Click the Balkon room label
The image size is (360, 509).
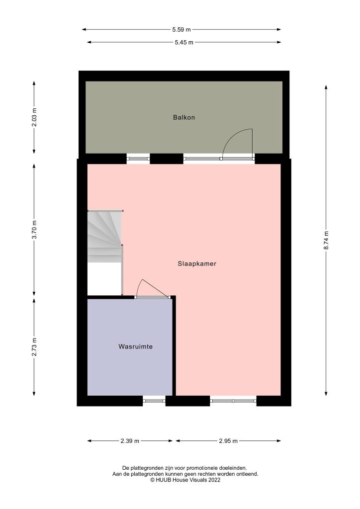pyautogui.click(x=184, y=118)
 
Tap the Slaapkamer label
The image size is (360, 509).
pyautogui.click(x=197, y=264)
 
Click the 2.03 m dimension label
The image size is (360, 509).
pyautogui.click(x=34, y=117)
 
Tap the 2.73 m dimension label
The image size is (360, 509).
pyautogui.click(x=34, y=346)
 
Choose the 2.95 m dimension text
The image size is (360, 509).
pyautogui.click(x=228, y=441)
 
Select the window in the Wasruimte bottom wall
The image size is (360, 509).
pyautogui.click(x=154, y=399)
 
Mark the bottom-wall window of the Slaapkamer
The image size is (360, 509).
pyautogui.click(x=233, y=399)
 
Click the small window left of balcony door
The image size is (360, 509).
pyautogui.click(x=138, y=159)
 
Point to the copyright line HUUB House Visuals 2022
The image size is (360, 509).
pyautogui.click(x=185, y=480)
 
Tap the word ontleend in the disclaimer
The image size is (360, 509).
pyautogui.click(x=247, y=474)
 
